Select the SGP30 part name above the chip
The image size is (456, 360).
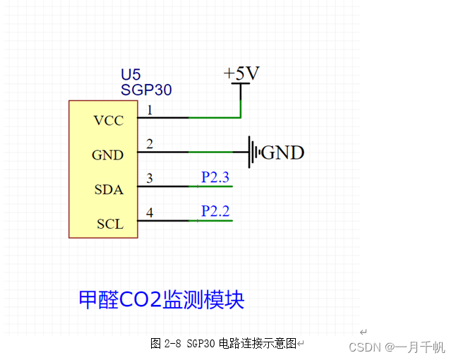point(146,90)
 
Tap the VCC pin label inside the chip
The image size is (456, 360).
point(108,121)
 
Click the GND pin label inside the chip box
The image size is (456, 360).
point(107,155)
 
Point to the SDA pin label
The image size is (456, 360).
point(109,190)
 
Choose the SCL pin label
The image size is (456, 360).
point(109,224)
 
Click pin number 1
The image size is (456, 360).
point(149,109)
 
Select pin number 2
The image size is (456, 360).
point(149,144)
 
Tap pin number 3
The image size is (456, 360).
point(149,179)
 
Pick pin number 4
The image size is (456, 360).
point(149,212)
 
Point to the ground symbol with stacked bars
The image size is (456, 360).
point(254,152)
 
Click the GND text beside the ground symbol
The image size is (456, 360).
point(282,152)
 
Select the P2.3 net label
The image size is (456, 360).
point(215,177)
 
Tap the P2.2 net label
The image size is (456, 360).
point(215,211)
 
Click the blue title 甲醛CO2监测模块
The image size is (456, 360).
point(161,299)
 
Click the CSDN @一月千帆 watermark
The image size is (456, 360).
point(397,347)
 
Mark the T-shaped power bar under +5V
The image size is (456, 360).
point(241,85)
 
